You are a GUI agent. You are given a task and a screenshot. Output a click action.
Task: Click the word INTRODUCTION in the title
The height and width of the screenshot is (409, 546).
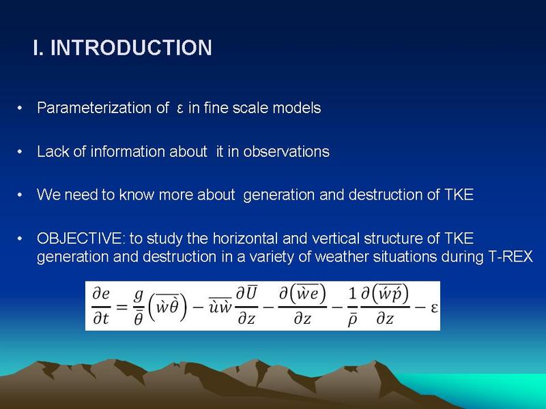[x=131, y=47]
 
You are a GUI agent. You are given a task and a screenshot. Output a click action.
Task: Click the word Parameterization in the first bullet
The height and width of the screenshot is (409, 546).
[x=98, y=108]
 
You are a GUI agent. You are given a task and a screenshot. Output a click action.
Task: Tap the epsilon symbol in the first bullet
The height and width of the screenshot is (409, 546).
[x=180, y=109]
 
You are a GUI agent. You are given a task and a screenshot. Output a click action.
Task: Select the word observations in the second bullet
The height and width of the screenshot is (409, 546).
[x=286, y=151]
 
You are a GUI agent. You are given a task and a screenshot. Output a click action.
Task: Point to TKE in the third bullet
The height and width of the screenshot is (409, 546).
[x=459, y=194]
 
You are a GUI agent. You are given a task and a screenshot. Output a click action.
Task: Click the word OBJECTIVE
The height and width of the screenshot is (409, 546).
[x=81, y=239]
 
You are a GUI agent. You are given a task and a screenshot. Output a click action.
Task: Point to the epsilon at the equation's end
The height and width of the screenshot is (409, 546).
[x=434, y=307]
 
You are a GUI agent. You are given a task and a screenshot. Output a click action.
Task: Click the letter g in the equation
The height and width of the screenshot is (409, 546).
[x=139, y=295]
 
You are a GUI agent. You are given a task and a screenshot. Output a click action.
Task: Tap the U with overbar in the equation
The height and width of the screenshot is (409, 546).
[x=250, y=293]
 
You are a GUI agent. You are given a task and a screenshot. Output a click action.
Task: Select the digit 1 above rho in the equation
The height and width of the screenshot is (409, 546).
[x=352, y=294]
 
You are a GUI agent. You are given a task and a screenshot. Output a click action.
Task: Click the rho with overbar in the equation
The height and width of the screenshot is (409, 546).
[x=352, y=319]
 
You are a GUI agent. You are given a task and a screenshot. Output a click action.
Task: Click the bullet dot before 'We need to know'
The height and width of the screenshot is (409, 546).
[x=20, y=195]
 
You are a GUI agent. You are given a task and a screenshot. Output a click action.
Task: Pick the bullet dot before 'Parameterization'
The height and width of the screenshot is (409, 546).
[x=20, y=108]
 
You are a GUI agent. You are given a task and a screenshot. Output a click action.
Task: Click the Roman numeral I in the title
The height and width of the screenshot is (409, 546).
[x=37, y=47]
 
